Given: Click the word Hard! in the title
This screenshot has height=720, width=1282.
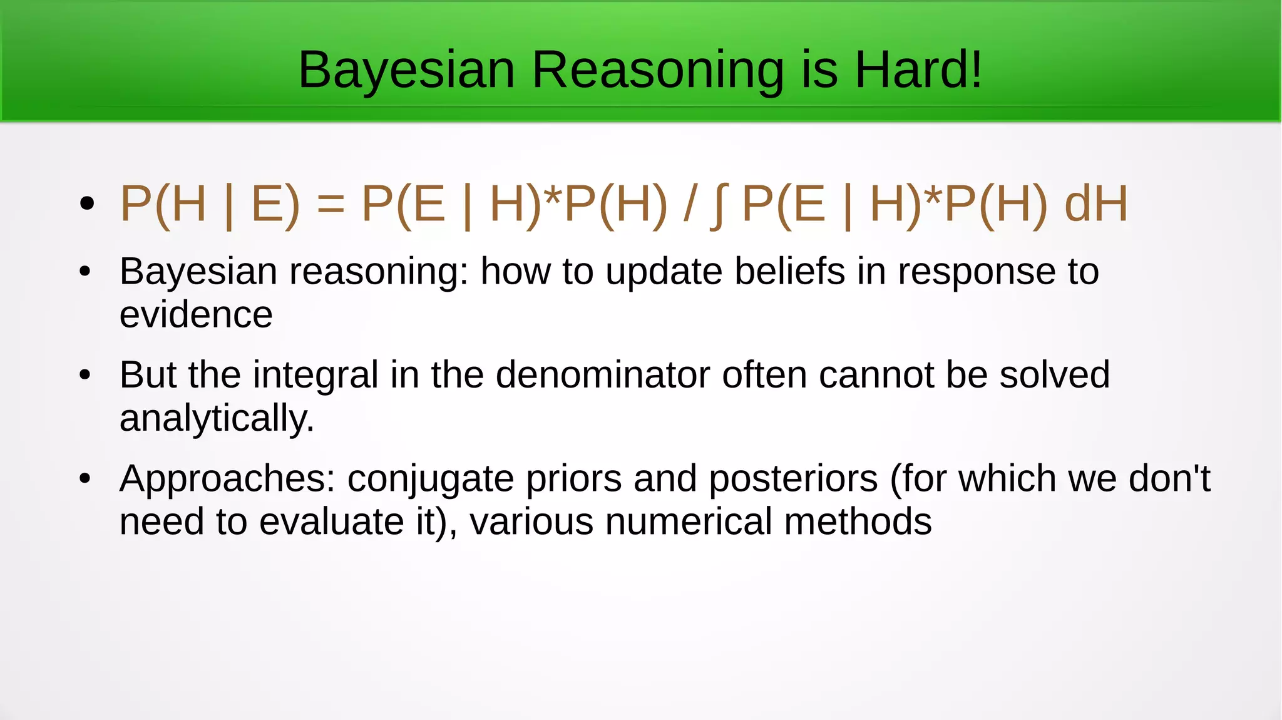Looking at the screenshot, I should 918,69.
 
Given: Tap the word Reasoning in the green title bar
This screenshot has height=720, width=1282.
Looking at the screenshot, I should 657,71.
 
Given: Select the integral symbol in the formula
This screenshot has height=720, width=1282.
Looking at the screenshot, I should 719,204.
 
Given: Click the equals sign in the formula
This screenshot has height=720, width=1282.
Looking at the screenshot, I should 331,204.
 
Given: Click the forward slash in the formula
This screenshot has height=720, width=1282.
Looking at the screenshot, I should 689,204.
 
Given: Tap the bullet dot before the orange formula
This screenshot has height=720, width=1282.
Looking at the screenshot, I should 87,203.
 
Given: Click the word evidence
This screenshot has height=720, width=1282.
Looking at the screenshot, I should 196,314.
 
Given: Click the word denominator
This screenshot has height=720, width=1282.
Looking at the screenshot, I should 603,375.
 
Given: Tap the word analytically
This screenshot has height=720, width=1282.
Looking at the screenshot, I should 216,419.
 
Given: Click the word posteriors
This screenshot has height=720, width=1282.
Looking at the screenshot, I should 793,479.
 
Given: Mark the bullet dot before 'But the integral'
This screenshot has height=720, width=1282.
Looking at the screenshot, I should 86,375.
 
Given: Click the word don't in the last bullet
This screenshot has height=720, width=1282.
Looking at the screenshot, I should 1169,478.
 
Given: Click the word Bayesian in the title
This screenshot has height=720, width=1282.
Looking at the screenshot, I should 406,71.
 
